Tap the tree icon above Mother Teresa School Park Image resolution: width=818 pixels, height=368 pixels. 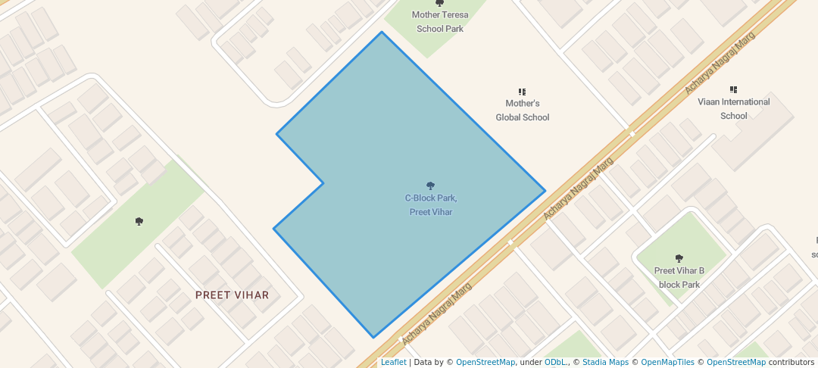pos(440,4)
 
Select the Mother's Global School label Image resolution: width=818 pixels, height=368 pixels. pos(522,111)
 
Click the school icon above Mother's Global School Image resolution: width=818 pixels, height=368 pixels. pos(522,92)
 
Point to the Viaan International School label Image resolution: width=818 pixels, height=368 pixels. pos(733,108)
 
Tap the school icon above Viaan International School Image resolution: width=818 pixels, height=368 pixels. pos(733,89)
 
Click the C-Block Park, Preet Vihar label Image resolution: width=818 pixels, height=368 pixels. pos(430,205)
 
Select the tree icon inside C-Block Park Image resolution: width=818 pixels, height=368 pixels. pos(430,186)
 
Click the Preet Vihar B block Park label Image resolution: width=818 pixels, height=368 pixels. pos(679,277)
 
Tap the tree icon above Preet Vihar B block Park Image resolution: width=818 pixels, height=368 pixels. pos(679,258)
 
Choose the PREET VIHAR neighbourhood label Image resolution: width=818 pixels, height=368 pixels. pos(232,295)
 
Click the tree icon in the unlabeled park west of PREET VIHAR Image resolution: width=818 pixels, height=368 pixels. pos(139,221)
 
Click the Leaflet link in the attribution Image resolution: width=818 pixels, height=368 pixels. pos(393,363)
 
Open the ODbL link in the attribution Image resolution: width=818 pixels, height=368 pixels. pos(555,363)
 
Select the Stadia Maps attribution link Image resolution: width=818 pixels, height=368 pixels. pos(605,363)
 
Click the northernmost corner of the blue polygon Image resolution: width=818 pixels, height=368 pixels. pos(381,32)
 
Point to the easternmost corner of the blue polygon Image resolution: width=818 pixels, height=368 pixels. pos(545,190)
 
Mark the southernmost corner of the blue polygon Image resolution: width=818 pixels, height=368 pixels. pos(373,338)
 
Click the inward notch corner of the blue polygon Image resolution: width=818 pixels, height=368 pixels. pos(323,182)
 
